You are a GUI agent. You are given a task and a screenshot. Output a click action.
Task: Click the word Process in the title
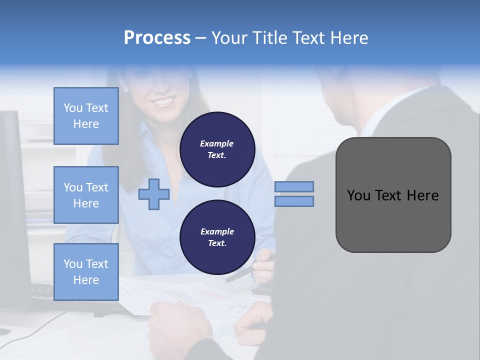(157, 38)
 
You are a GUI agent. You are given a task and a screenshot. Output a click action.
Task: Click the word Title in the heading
(268, 38)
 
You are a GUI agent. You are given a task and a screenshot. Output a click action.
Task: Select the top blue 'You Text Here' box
(86, 116)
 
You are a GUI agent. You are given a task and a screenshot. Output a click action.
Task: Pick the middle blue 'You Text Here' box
(86, 195)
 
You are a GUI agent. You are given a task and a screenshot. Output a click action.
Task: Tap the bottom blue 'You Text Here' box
(86, 272)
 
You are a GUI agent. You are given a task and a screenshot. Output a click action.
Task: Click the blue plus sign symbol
(154, 194)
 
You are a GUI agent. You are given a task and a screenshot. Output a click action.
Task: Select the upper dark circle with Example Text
(217, 149)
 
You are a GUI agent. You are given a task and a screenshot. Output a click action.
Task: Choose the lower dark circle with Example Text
(217, 237)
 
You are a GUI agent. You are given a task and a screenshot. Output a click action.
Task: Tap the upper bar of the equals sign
(294, 187)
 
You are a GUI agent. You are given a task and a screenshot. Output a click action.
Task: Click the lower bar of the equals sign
(294, 201)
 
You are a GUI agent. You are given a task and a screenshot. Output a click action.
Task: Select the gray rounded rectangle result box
(393, 195)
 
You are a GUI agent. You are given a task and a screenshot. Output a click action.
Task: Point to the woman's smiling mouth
(164, 101)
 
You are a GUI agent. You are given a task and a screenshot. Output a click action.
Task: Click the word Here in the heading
(350, 38)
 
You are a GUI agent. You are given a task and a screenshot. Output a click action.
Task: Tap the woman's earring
(125, 90)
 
